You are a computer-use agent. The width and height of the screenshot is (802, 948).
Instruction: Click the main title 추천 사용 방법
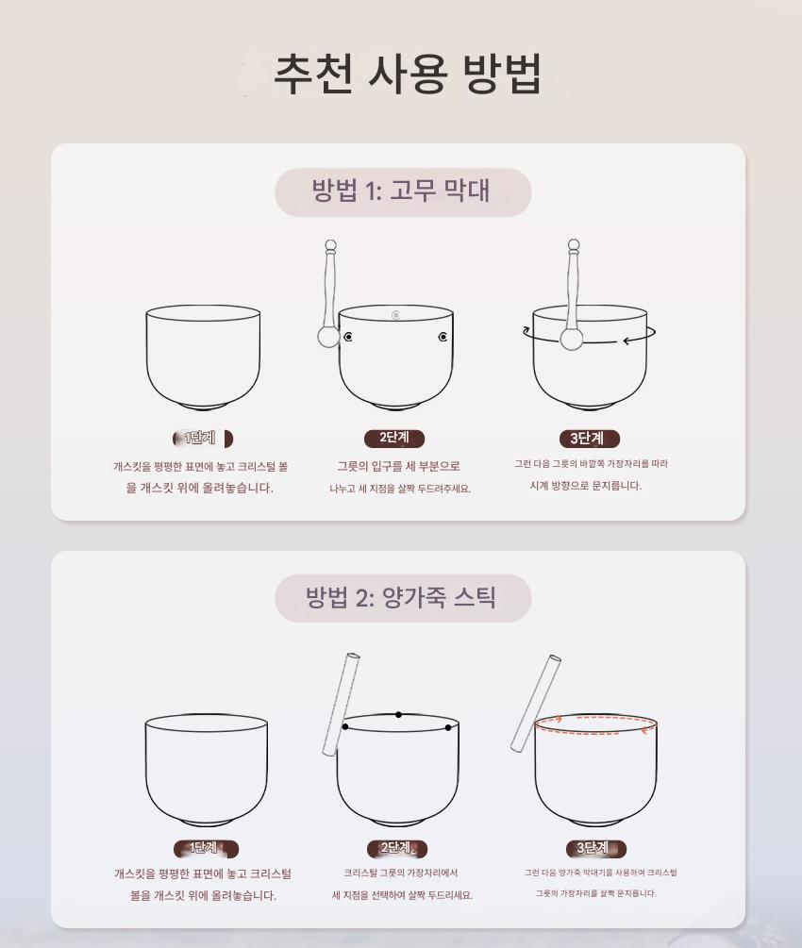point(408,74)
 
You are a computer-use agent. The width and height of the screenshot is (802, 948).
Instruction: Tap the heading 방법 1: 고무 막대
point(401,191)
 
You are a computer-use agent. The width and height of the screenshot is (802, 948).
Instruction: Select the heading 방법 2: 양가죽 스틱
point(401,598)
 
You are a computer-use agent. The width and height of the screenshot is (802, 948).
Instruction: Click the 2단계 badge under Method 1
point(394,438)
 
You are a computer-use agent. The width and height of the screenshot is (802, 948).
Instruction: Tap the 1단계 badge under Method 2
point(206,848)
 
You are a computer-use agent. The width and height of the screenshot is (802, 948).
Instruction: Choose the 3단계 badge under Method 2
point(595,848)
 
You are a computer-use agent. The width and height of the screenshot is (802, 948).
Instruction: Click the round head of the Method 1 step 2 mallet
point(328,337)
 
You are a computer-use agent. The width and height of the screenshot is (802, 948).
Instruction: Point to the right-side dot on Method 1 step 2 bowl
point(443,337)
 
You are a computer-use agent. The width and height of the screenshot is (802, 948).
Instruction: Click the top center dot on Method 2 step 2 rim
point(398,715)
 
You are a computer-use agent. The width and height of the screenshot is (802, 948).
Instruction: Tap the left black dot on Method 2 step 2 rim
point(344,726)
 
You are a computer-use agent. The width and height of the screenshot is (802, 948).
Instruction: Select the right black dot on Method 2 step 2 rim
point(448,728)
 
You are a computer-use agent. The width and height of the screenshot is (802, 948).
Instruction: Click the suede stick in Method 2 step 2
point(342,705)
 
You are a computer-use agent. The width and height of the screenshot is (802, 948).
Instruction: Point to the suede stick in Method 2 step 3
point(536,703)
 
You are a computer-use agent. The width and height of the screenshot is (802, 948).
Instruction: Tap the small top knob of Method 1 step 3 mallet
point(574,244)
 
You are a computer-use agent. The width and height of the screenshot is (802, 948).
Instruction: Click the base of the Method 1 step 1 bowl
point(203,406)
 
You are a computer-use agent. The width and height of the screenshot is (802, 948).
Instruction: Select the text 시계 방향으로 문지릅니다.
point(586,486)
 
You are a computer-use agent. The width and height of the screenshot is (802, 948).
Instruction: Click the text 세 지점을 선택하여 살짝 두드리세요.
point(402,895)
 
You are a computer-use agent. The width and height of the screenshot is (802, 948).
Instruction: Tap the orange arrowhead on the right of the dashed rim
point(646,730)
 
